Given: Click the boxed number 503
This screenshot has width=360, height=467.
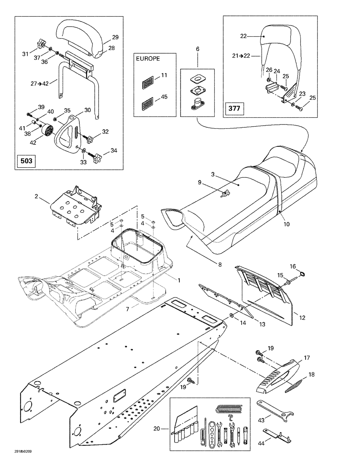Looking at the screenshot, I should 26,160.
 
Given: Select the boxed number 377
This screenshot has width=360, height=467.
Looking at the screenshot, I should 234,108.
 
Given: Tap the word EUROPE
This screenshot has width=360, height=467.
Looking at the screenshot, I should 148,59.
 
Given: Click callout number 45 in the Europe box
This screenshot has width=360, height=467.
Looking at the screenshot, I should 164,97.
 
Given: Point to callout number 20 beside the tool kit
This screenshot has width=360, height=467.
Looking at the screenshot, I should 156,428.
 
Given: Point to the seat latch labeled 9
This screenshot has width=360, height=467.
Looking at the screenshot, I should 225,194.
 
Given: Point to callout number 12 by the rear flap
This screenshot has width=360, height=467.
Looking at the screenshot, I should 302,318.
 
